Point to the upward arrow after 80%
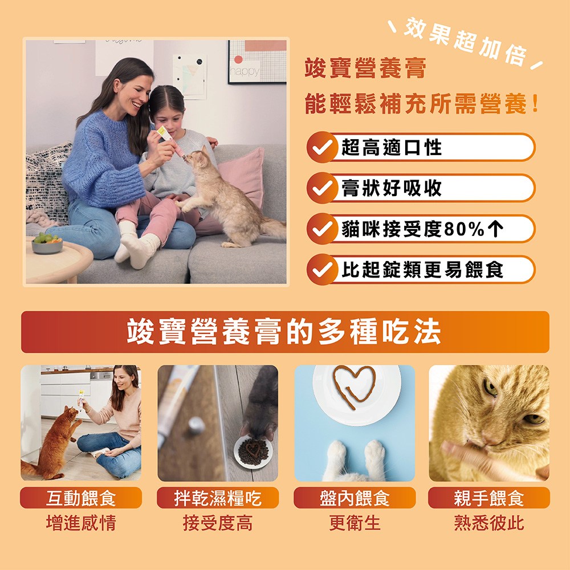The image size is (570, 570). click(x=496, y=229)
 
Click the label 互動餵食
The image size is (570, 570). click(x=81, y=498)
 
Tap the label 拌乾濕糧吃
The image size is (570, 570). click(x=218, y=498)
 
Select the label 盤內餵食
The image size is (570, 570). click(x=355, y=498)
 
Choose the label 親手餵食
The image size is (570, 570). click(x=489, y=498)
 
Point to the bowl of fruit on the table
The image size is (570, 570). click(x=47, y=243)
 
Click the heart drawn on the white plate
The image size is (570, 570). click(x=354, y=385)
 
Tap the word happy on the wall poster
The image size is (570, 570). click(x=245, y=71)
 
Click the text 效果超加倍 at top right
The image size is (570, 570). click(x=465, y=40)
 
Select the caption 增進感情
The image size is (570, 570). click(x=81, y=523)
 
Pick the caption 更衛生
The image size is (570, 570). click(x=355, y=523)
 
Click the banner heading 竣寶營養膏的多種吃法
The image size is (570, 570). click(x=284, y=332)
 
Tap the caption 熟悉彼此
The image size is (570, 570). click(x=489, y=523)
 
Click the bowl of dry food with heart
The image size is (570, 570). click(x=254, y=451)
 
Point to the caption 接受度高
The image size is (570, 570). click(x=218, y=523)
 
